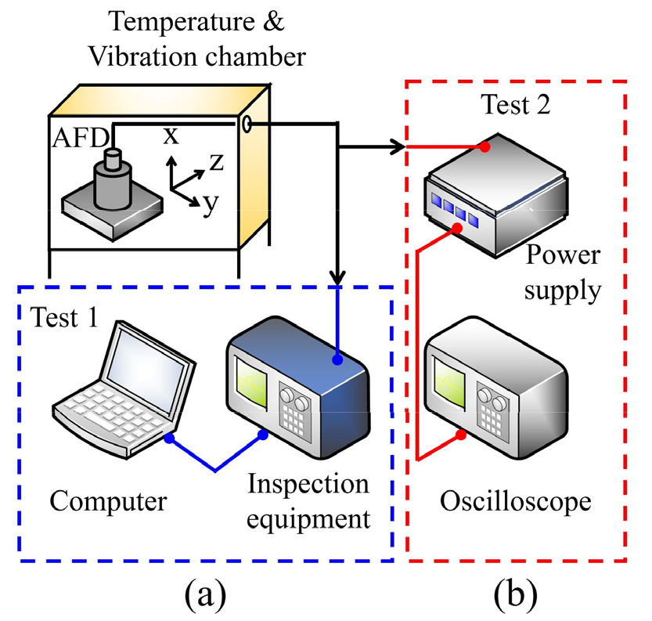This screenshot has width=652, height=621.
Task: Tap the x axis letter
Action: click(x=171, y=135)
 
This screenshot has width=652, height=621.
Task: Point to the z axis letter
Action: click(x=215, y=162)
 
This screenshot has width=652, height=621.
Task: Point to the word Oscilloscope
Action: click(x=515, y=500)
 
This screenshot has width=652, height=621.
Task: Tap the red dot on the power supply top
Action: click(x=485, y=146)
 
